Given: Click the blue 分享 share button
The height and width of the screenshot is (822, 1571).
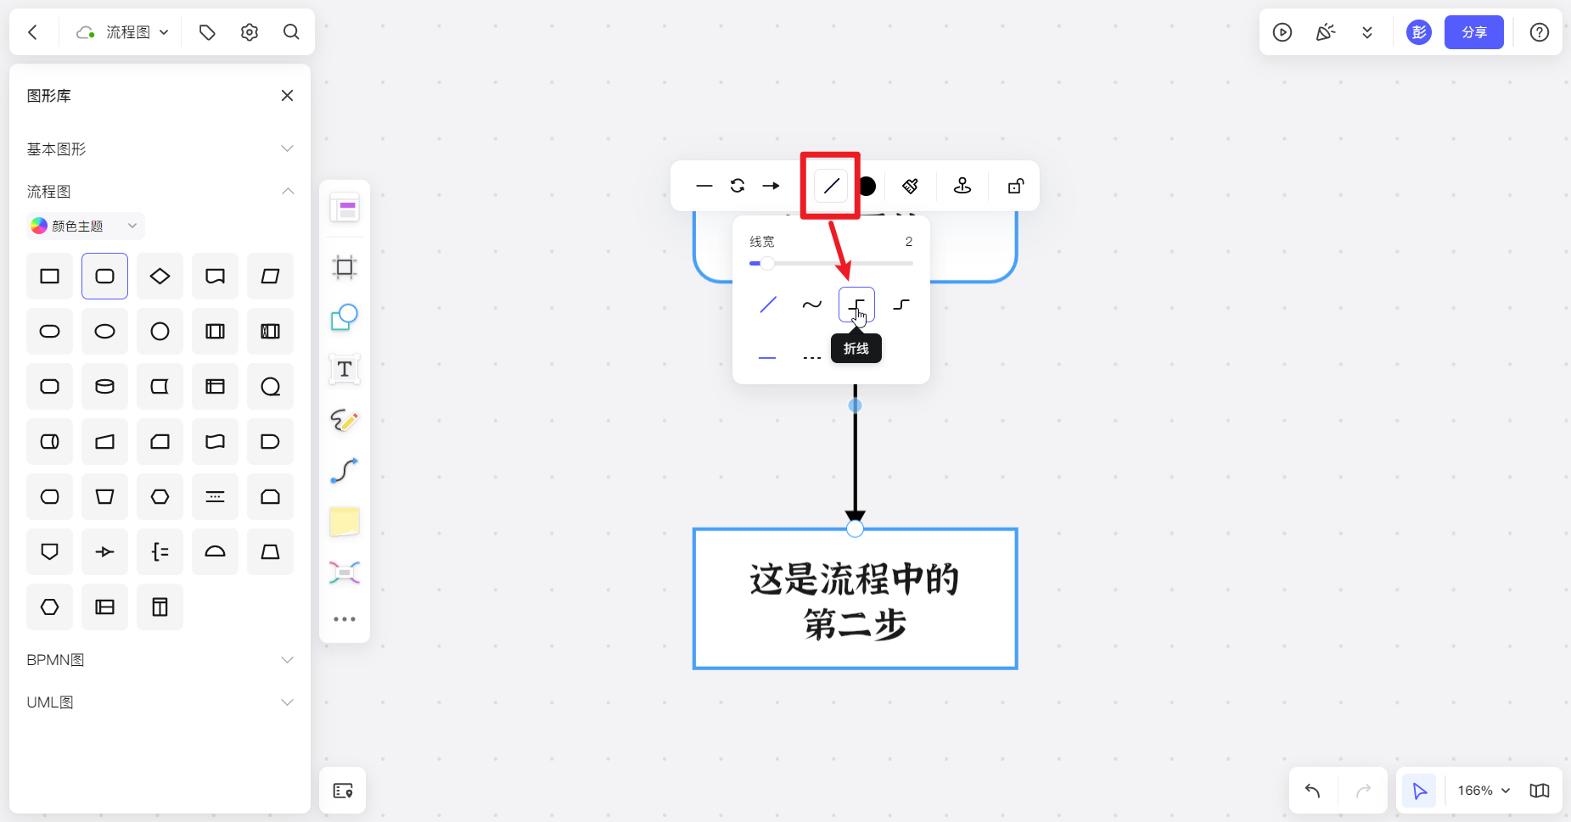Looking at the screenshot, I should [1473, 32].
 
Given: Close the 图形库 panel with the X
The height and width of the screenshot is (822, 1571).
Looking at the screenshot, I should [287, 96].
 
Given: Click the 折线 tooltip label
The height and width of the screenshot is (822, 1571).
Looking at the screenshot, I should [856, 349].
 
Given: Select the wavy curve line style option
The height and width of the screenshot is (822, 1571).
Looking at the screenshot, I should [811, 305].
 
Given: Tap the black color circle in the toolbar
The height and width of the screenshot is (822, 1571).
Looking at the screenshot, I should [867, 186].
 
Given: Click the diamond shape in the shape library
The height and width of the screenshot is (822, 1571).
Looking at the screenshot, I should [160, 276].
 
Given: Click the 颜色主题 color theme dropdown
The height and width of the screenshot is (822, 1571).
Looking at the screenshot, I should [85, 226].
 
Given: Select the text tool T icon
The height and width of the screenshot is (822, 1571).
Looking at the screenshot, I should [345, 369].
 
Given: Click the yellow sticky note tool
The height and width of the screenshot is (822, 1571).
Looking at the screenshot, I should [345, 522].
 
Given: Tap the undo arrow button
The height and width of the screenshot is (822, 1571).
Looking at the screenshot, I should [1313, 791].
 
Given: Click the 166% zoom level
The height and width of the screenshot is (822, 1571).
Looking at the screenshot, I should [1475, 791].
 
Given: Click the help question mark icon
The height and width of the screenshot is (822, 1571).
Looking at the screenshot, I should [1539, 32].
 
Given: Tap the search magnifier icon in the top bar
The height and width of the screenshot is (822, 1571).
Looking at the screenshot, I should [291, 32].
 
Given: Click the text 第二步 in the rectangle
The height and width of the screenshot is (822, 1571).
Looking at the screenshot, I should [855, 625].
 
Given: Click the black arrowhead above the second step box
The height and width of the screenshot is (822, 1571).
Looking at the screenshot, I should [855, 515].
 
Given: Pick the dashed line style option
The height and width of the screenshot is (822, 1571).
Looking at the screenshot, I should [811, 358].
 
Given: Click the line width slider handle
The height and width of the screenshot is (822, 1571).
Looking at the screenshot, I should [767, 263].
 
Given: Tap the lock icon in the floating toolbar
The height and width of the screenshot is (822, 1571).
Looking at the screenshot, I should [1015, 186].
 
